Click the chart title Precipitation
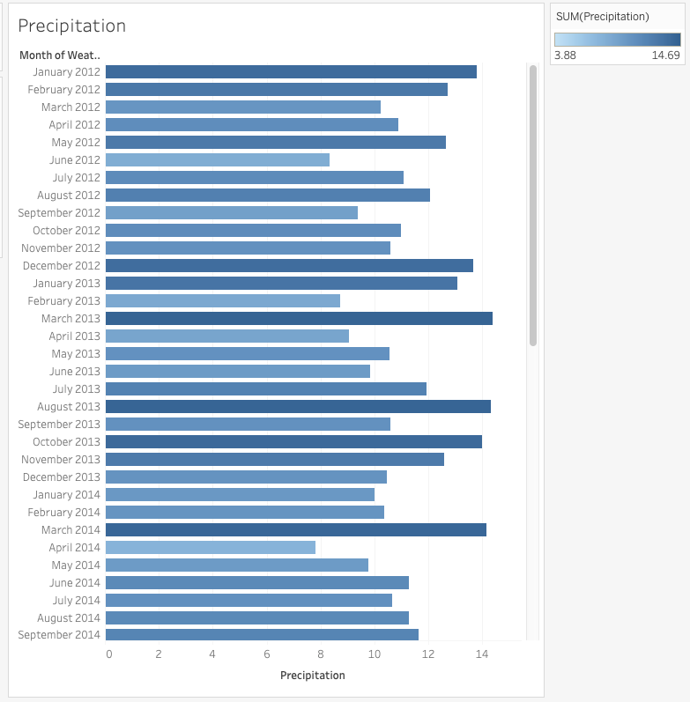click(x=71, y=26)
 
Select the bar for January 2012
click(x=291, y=72)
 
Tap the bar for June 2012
click(x=217, y=160)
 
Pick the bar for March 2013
click(x=299, y=319)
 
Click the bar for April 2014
click(x=210, y=548)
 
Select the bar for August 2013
click(x=298, y=407)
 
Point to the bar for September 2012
click(x=231, y=213)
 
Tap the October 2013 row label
click(x=66, y=442)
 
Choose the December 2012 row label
click(x=61, y=266)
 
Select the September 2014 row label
click(x=59, y=635)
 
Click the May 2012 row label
click(x=75, y=143)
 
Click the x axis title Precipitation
click(x=312, y=676)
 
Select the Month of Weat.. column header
click(x=59, y=55)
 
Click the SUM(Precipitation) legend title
click(x=602, y=17)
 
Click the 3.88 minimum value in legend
click(x=564, y=55)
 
